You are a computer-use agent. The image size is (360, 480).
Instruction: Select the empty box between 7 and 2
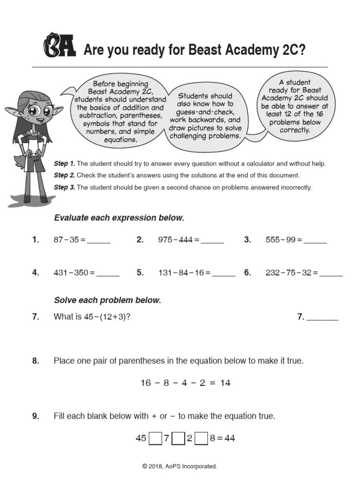pos(178,439)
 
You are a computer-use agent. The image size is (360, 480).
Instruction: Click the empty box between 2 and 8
pos(201,439)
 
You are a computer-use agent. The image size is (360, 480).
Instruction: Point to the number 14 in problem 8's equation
pos(225,383)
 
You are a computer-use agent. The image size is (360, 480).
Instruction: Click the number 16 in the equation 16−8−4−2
pos(146,383)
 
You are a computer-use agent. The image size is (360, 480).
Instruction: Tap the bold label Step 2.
pos(64,175)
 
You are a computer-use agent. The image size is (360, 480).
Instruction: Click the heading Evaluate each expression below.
pos(120,218)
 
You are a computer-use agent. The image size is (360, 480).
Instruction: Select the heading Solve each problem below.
pos(107,300)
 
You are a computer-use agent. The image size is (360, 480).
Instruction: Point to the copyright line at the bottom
pos(180,466)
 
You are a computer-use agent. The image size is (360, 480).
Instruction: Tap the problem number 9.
pos(36,416)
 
